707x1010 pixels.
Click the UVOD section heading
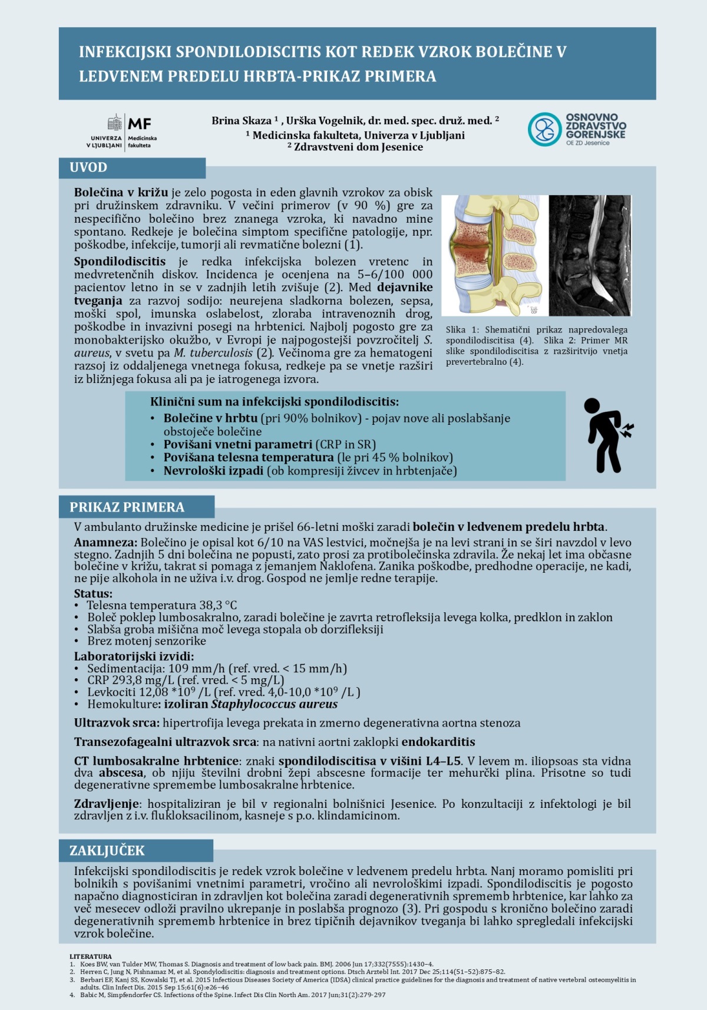[88, 167]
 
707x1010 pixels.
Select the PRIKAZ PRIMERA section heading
[127, 507]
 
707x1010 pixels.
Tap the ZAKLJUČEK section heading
[107, 851]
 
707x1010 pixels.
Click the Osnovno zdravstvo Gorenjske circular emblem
[544, 129]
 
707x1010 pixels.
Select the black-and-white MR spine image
[590, 255]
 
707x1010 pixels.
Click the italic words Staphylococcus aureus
[274, 704]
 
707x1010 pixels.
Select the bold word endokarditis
[438, 742]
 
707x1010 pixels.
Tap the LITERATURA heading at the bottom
[90, 956]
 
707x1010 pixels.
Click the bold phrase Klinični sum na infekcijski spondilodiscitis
[274, 402]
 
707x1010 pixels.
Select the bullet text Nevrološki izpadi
[213, 471]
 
